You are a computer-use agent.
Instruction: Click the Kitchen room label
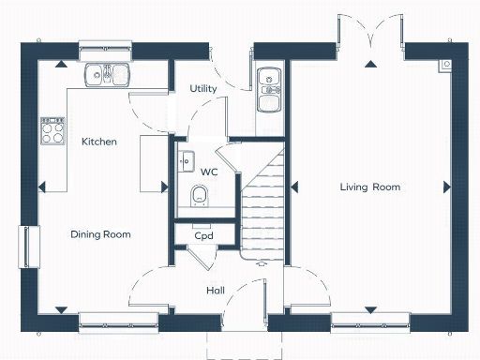(98, 142)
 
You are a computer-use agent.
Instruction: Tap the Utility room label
(203, 88)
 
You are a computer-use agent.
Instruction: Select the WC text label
(208, 172)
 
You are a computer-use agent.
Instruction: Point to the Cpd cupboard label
(203, 236)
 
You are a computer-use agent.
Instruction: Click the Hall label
(215, 291)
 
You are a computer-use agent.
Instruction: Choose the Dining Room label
(100, 234)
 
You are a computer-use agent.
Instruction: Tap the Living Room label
(369, 187)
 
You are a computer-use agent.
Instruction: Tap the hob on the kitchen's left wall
(48, 131)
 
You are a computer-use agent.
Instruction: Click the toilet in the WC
(199, 195)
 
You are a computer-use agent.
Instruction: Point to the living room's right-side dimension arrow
(445, 187)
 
